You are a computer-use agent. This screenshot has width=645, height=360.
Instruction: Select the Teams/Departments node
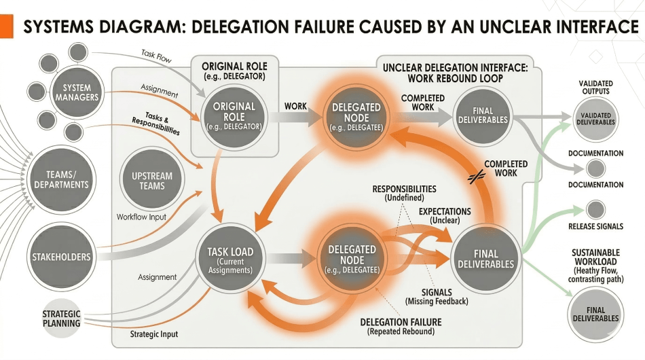tap(62, 179)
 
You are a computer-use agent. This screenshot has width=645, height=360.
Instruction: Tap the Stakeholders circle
tap(61, 257)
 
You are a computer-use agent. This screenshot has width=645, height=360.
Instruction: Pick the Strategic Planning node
tap(62, 318)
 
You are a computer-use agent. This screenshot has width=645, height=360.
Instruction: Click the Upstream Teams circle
tap(153, 181)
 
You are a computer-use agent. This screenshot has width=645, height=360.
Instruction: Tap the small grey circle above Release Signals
tap(595, 209)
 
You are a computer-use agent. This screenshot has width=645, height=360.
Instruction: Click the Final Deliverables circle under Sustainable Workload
tap(595, 314)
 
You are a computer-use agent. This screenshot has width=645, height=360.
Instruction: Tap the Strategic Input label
tap(155, 334)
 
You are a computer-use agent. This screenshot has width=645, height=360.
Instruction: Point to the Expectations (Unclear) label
tap(444, 216)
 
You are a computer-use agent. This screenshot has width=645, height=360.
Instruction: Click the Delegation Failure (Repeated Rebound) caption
tap(401, 326)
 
